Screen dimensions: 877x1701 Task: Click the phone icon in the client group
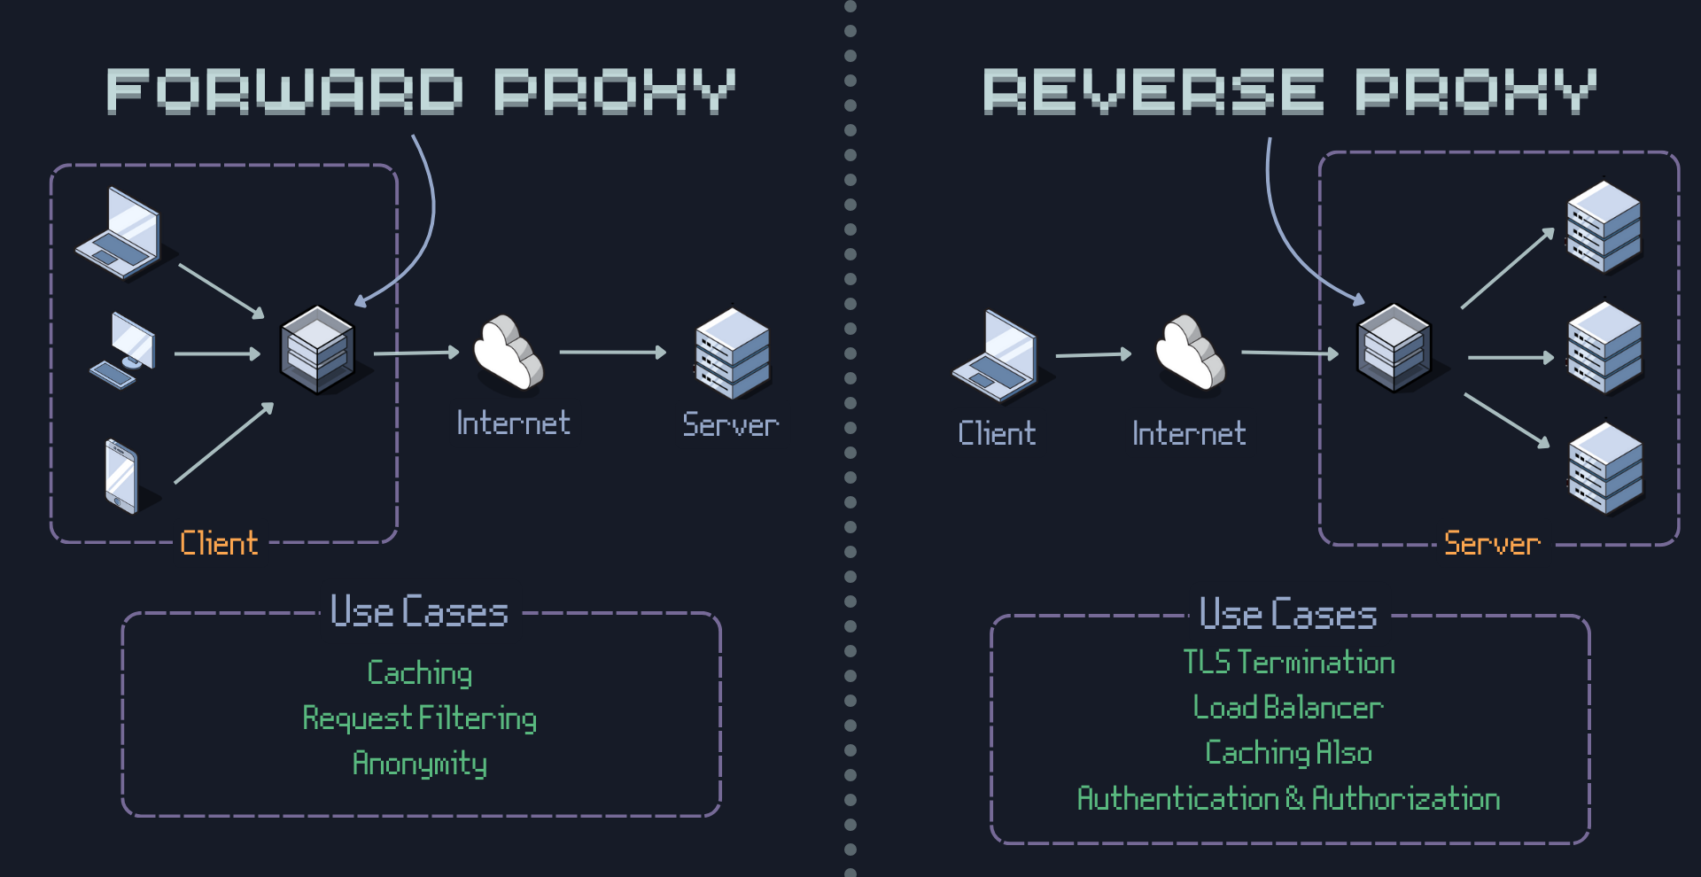pos(122,476)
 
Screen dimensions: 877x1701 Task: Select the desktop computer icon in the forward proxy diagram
pos(125,351)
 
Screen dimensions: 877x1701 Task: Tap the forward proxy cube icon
pos(318,349)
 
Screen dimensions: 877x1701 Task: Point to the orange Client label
pos(219,542)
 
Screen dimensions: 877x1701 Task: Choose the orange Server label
pos(1492,543)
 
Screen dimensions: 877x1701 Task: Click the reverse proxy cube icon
pos(1394,347)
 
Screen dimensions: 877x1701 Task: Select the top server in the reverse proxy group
pos(1604,226)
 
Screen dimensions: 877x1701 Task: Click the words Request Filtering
pos(419,718)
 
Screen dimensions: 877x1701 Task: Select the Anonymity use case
pos(419,763)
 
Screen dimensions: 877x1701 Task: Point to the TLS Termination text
pos(1289,662)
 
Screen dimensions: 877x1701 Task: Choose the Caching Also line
pos(1288,752)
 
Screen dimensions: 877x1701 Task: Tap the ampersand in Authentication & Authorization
pos(1294,797)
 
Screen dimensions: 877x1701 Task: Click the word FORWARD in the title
pos(284,91)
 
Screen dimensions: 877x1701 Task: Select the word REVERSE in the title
pos(1153,91)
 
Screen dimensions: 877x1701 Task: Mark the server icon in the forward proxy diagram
pos(733,353)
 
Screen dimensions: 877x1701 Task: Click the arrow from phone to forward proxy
pos(224,443)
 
